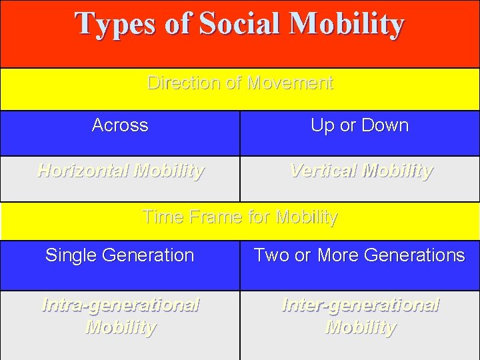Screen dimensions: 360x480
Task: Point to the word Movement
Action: [289, 83]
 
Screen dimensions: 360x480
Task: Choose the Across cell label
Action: [120, 125]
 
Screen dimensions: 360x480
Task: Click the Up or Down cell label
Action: [359, 125]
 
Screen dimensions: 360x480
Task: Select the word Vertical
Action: [323, 171]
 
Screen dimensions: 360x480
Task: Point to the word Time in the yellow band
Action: [161, 217]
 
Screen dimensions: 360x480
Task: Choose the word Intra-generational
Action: [120, 305]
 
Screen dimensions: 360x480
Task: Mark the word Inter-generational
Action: [360, 305]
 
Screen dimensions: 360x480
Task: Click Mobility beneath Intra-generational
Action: [121, 328]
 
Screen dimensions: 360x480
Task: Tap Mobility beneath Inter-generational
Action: [360, 328]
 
